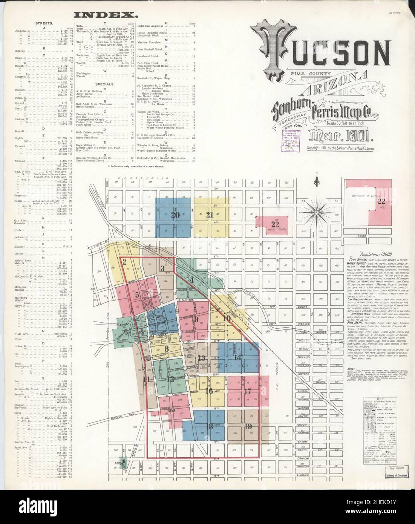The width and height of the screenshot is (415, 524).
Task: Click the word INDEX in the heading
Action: pos(105,15)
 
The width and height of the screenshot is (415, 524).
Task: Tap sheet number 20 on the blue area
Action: pos(175,216)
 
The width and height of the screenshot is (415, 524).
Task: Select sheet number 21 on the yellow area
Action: pos(210,216)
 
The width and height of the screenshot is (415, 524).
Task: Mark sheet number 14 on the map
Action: pos(237,358)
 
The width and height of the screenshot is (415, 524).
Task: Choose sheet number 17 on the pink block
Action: pos(248,391)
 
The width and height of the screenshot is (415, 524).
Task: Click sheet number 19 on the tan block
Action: pos(248,426)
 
